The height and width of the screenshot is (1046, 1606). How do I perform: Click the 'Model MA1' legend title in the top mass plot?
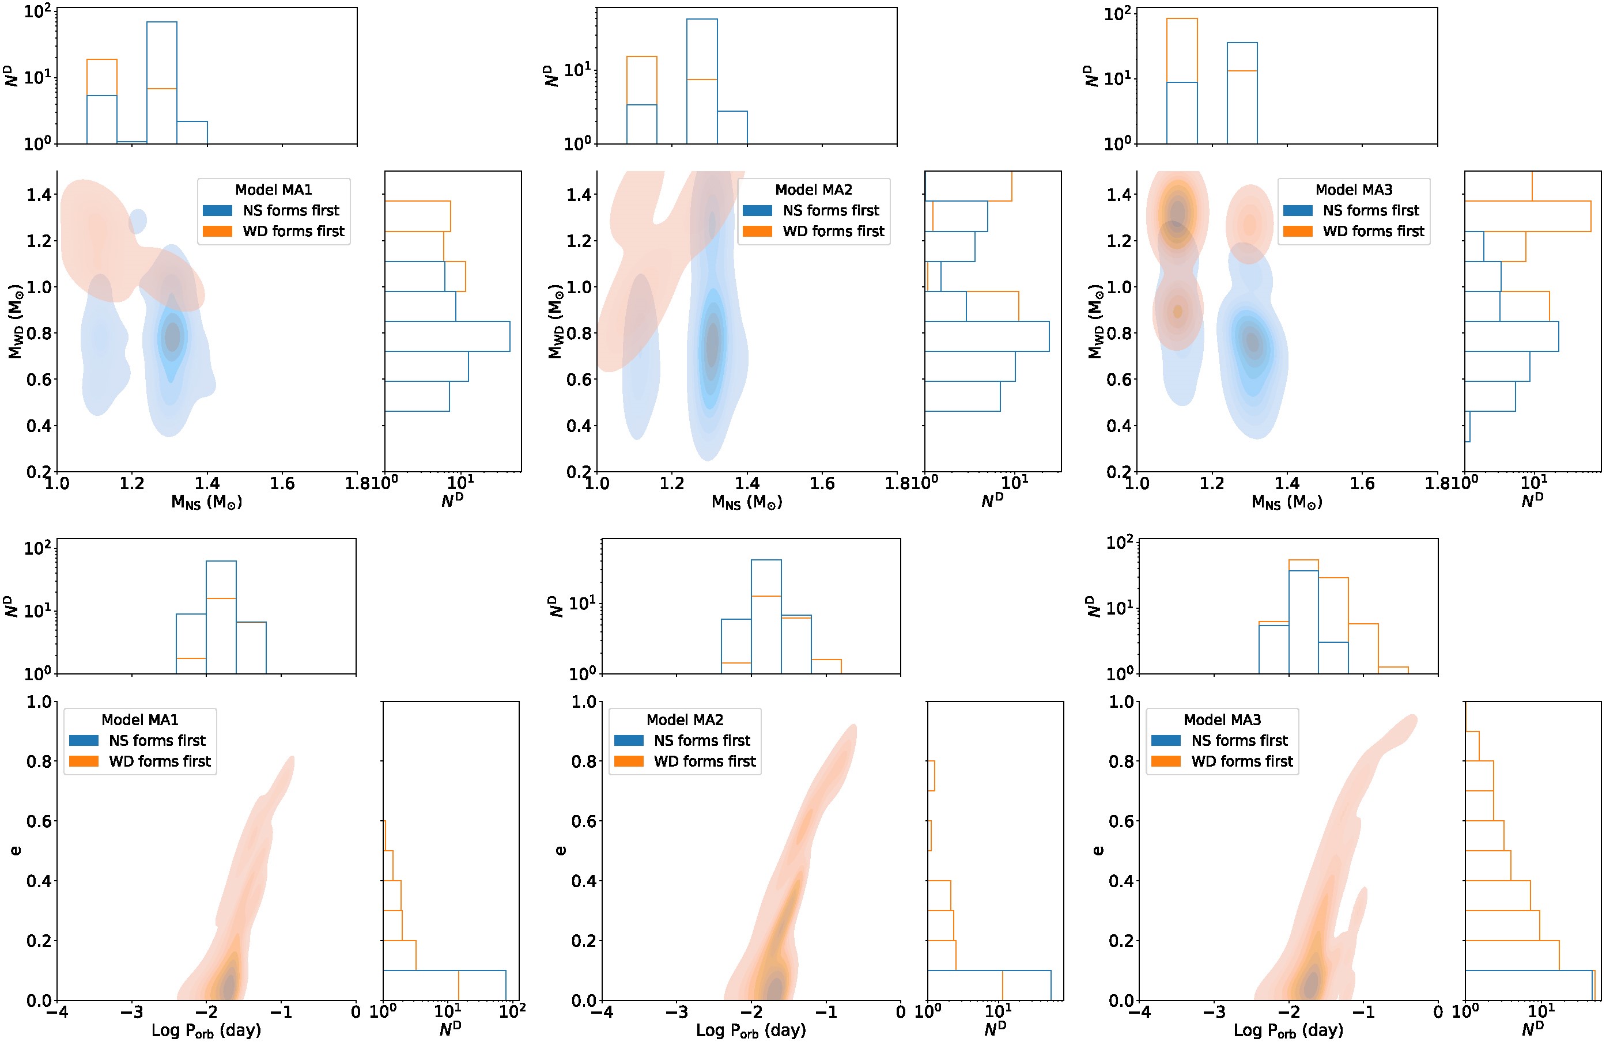(273, 190)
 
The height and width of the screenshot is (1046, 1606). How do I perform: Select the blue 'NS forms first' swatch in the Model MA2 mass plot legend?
(757, 210)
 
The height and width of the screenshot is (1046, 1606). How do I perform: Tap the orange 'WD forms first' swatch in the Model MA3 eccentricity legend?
(1165, 761)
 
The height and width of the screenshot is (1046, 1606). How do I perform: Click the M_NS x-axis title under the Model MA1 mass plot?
(206, 502)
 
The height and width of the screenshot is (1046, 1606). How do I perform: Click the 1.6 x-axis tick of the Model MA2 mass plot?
(822, 484)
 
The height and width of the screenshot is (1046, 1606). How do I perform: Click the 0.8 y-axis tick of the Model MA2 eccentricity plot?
(584, 761)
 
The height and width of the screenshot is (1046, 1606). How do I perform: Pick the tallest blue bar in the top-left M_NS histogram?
(162, 81)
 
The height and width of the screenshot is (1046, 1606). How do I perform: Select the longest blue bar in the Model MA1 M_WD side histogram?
(447, 336)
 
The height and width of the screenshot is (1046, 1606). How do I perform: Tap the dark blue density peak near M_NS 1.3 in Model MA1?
(173, 335)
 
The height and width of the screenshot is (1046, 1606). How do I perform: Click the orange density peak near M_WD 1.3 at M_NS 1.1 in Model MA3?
(1177, 213)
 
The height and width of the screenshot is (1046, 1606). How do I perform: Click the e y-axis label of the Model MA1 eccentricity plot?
(15, 850)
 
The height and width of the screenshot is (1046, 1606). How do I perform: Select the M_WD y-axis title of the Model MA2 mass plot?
(556, 320)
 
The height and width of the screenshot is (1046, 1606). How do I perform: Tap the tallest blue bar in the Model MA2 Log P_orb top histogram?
(766, 616)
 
